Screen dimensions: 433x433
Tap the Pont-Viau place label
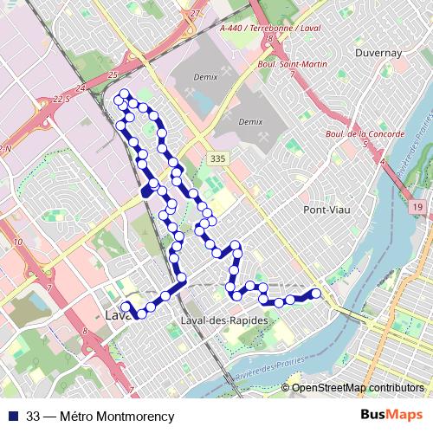point(325,210)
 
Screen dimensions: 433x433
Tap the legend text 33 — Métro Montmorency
point(100,416)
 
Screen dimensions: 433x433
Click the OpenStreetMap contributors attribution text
point(358,387)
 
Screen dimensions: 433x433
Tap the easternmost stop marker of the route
point(316,294)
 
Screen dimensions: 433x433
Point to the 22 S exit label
point(61,99)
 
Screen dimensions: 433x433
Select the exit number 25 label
point(113,76)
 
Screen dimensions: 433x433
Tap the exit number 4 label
point(382,161)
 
